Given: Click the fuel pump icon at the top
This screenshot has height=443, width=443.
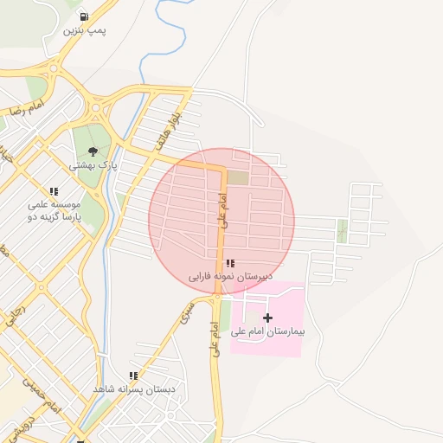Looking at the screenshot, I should [83, 16].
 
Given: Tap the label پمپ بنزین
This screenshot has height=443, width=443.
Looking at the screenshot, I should [84, 30].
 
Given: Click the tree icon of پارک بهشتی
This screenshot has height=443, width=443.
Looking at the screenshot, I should [93, 151].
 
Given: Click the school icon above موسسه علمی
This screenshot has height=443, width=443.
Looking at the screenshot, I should [54, 192].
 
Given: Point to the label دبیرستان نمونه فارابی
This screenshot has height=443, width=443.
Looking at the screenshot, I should [230, 277].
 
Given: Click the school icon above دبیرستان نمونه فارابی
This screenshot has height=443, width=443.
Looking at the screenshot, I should [229, 263].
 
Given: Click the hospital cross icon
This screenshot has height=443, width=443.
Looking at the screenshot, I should [266, 318].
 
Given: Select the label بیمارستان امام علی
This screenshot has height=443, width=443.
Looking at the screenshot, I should [268, 331].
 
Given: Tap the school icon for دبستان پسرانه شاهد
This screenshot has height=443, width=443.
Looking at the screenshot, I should [133, 376].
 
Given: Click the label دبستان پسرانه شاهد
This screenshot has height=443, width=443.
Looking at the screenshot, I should [134, 389].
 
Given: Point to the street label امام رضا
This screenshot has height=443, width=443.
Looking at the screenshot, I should [26, 110].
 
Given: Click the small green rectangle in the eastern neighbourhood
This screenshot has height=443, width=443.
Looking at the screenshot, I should [342, 230].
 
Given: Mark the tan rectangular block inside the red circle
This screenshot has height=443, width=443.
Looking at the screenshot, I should [238, 177].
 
